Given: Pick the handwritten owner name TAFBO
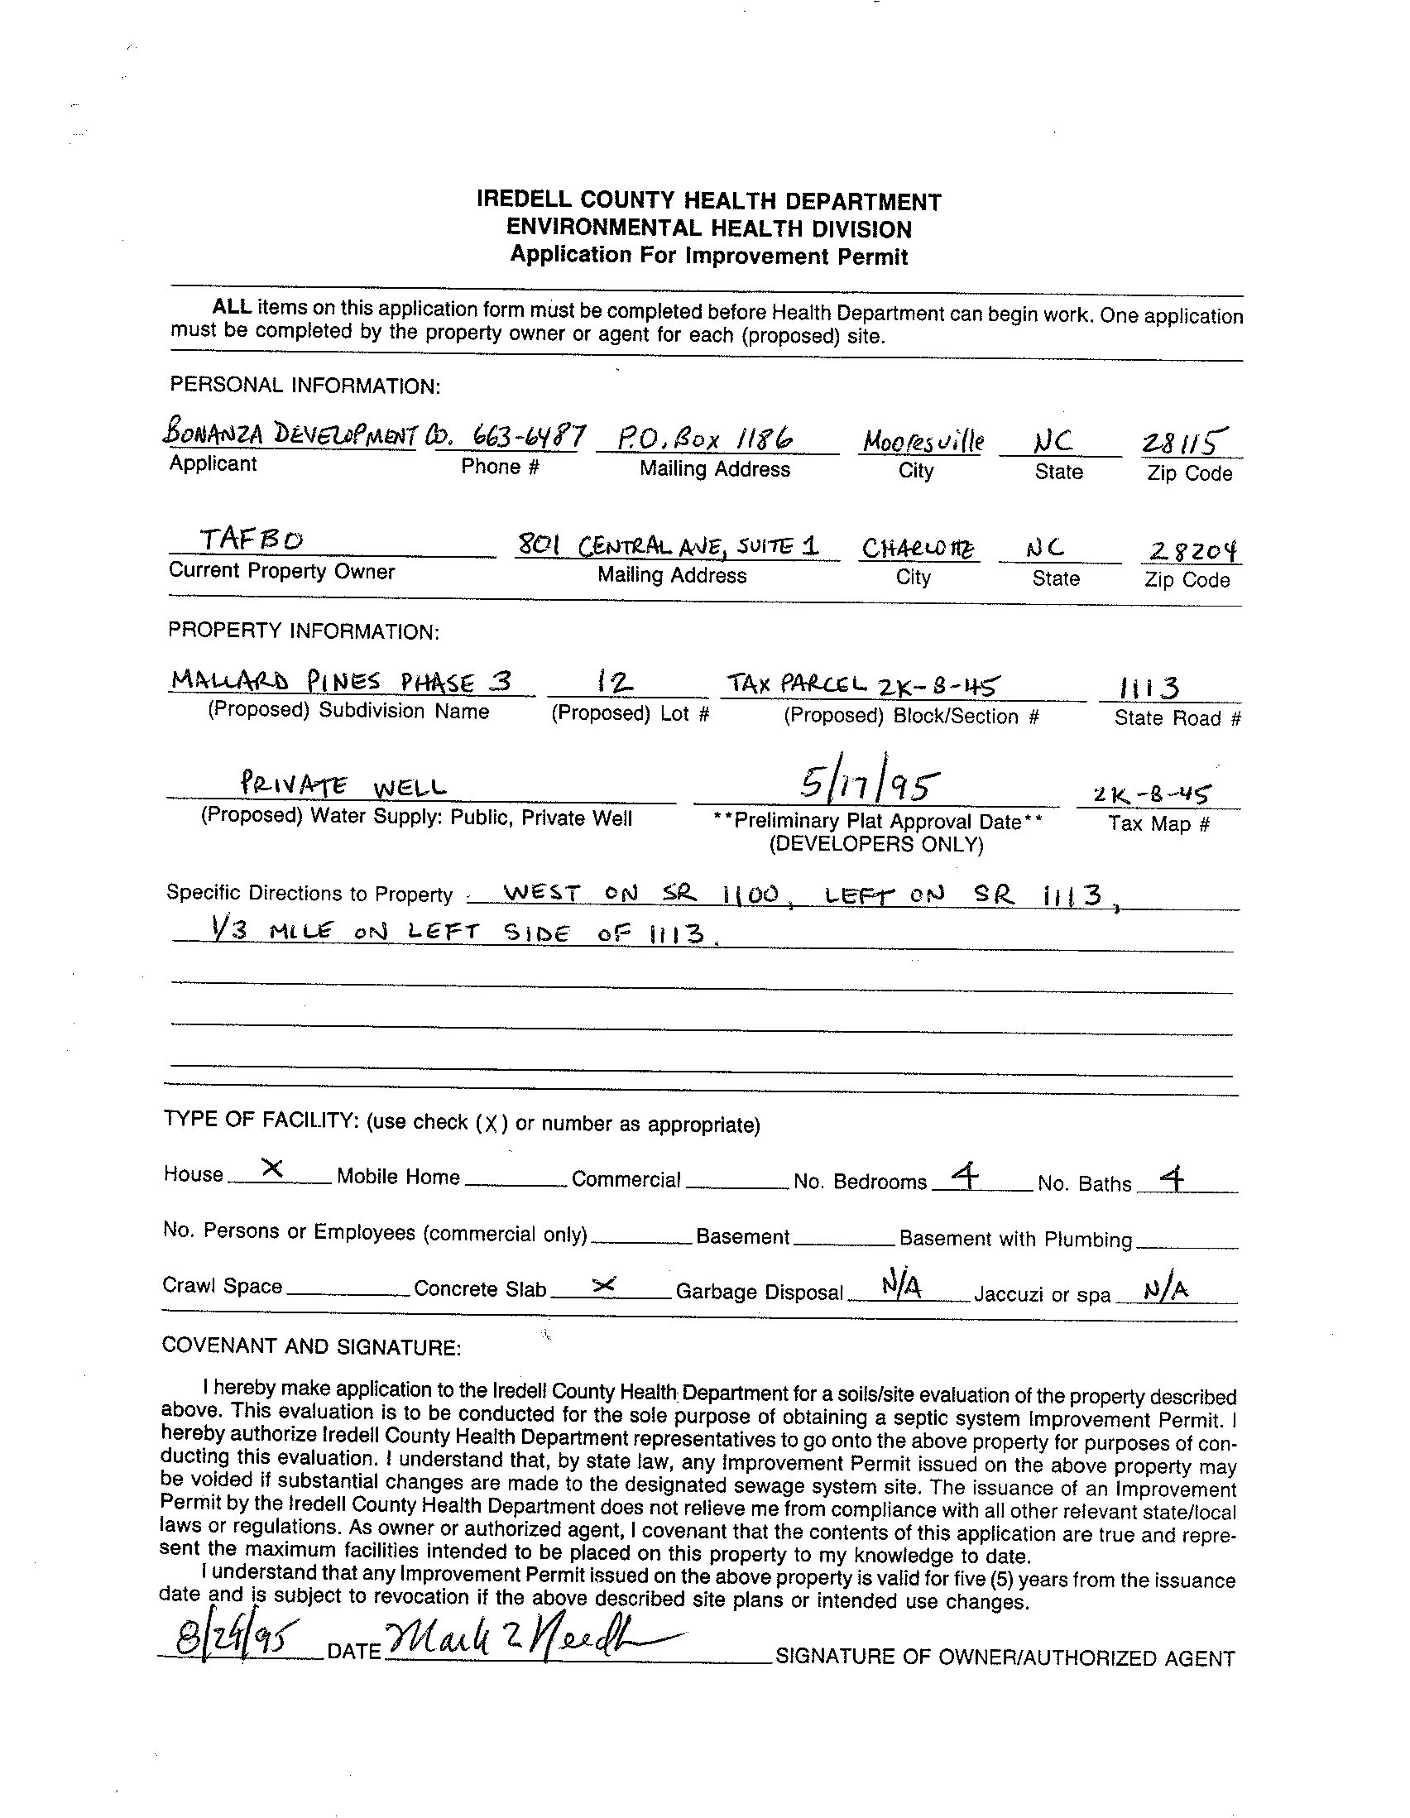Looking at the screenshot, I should [x=252, y=540].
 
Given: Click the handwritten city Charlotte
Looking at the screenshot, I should [x=919, y=549].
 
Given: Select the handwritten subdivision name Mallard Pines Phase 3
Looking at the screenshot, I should [x=339, y=682].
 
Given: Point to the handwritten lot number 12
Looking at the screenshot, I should [x=616, y=684].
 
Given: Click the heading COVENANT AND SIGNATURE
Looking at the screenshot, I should [x=311, y=1346].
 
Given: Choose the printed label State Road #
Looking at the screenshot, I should [x=1177, y=718].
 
